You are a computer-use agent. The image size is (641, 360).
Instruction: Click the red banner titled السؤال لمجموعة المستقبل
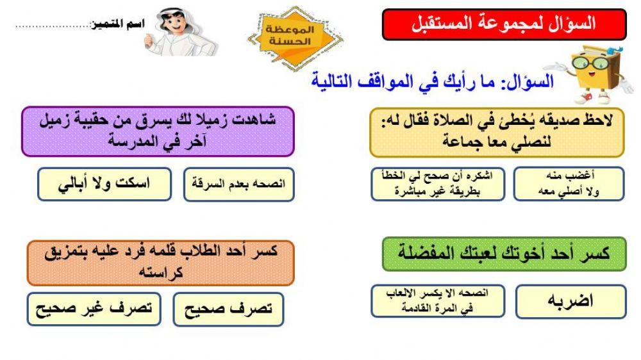click(504, 24)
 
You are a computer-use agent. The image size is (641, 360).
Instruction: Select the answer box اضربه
click(570, 301)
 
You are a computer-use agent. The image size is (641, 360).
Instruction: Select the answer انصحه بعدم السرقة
click(238, 184)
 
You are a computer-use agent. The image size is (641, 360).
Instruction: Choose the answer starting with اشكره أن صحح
click(437, 184)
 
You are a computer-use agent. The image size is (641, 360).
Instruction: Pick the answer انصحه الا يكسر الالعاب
click(437, 301)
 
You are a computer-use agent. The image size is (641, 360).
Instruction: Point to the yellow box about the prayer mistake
click(497, 132)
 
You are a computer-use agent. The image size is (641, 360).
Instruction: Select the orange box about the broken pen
click(160, 262)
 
